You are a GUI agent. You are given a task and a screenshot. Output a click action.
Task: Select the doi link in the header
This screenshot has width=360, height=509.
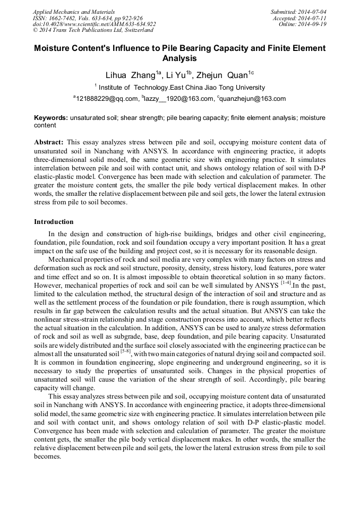pyautogui.click(x=94, y=24)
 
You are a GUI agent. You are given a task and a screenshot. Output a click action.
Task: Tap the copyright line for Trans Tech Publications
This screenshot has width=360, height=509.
pyautogui.click(x=92, y=30)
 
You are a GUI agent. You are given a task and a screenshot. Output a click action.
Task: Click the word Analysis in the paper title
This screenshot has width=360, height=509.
pyautogui.click(x=179, y=58)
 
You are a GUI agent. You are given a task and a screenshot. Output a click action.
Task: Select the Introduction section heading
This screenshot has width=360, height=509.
pyautogui.click(x=54, y=221)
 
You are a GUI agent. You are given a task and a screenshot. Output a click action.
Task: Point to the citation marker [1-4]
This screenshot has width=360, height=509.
pyautogui.click(x=286, y=283)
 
